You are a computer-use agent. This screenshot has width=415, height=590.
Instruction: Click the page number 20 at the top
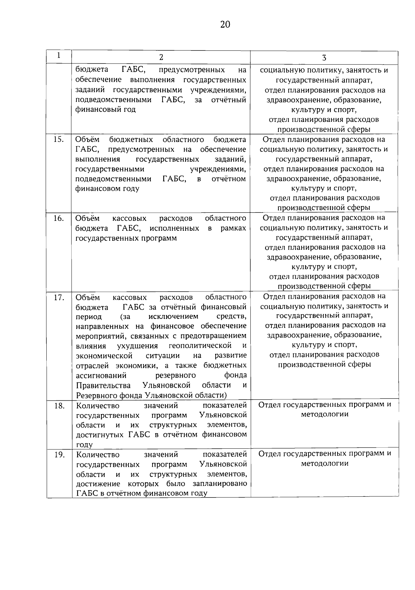tap(224, 25)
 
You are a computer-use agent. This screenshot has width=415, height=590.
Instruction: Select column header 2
tap(161, 57)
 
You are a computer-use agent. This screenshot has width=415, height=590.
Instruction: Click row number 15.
tap(59, 140)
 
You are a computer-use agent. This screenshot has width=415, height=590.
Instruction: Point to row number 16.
tap(59, 218)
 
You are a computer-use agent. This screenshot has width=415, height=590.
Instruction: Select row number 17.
tap(59, 297)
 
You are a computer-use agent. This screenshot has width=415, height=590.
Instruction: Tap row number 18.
tap(59, 406)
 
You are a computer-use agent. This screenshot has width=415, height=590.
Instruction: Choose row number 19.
tap(59, 455)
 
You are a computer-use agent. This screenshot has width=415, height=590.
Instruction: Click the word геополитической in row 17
tap(200, 346)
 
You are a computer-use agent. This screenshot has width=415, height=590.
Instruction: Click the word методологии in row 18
tap(324, 415)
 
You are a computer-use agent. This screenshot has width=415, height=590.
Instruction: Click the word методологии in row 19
tap(324, 464)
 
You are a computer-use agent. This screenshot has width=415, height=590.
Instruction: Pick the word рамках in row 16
tap(233, 228)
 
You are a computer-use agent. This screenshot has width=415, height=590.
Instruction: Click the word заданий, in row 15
tap(230, 159)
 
